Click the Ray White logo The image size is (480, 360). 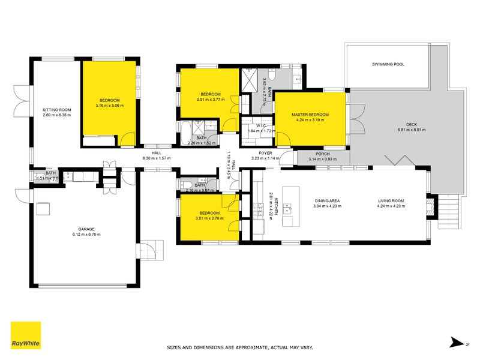click(x=26, y=335)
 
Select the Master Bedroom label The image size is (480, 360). click(x=310, y=114)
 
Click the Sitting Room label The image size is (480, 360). click(x=57, y=110)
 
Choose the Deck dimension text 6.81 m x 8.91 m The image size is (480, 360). click(x=411, y=130)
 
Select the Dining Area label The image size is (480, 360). click(x=327, y=201)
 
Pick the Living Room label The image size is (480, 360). click(x=391, y=201)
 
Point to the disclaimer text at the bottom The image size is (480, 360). click(x=239, y=347)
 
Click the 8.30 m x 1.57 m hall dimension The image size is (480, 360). click(x=157, y=158)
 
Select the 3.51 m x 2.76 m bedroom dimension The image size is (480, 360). click(x=209, y=218)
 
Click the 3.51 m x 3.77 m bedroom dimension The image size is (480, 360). click(x=210, y=100)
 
